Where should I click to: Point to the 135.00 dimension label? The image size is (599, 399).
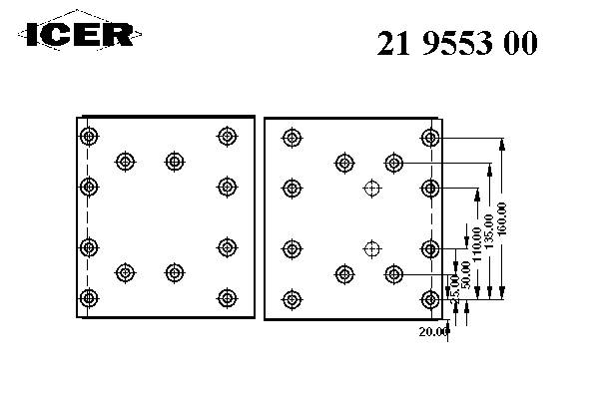click(x=488, y=233)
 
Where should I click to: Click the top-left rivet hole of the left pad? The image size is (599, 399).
click(x=89, y=137)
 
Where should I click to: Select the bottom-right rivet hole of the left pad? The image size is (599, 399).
click(x=226, y=296)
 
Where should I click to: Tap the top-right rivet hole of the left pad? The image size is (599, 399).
click(x=226, y=137)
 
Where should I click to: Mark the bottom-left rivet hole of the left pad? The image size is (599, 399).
click(x=89, y=296)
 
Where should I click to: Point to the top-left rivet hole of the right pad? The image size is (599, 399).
click(x=292, y=137)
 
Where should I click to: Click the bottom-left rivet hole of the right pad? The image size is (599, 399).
click(x=292, y=296)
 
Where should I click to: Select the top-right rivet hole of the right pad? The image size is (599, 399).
click(x=430, y=137)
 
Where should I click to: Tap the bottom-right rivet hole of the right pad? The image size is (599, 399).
click(x=430, y=296)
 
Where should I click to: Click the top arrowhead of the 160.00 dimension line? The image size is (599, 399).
click(x=502, y=143)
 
